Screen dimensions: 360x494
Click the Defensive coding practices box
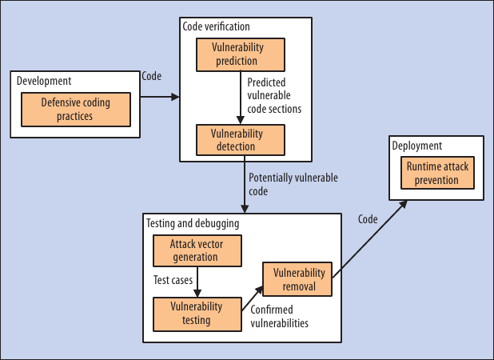pos(76,110)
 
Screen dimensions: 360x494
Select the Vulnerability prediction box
pos(241,54)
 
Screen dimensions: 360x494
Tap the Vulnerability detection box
pos(240,140)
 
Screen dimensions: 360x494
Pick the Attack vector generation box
pos(197,250)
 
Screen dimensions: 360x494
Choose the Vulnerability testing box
pos(197,314)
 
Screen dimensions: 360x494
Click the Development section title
pos(44,82)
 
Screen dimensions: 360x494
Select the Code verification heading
pos(216,27)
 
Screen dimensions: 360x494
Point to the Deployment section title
pos(416,146)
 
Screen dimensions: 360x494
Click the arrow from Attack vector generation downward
pos(197,282)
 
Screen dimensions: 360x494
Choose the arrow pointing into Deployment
pos(368,240)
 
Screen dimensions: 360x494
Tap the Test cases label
pos(172,281)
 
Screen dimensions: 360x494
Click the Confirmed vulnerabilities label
pos(280,317)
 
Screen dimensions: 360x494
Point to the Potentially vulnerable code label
pos(293,185)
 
